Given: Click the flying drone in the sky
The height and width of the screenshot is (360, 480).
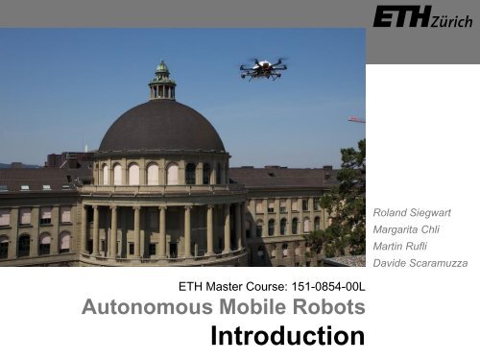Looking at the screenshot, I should (262, 67).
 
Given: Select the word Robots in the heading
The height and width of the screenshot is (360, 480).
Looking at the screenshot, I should (328, 307).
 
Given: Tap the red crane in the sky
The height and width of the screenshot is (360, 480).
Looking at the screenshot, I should (356, 120).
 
